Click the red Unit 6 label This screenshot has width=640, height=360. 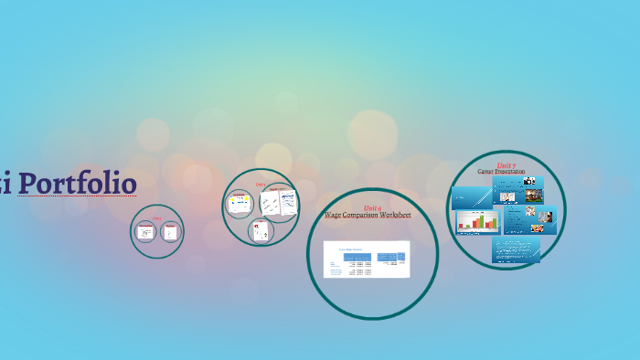pos(372,208)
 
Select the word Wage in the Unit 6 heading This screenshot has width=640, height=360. pos(335,216)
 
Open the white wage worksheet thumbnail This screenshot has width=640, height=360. pos(368,259)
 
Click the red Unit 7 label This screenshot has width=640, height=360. pos(507,164)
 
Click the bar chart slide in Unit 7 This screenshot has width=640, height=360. pos(478,221)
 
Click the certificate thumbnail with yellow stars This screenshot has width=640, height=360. pos(240,203)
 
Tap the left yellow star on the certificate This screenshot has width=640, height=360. pos(236,203)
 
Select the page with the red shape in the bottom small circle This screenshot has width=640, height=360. pos(262,231)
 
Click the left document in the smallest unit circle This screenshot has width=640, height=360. pos(145,232)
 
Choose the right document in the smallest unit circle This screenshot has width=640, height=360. pos(169,232)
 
